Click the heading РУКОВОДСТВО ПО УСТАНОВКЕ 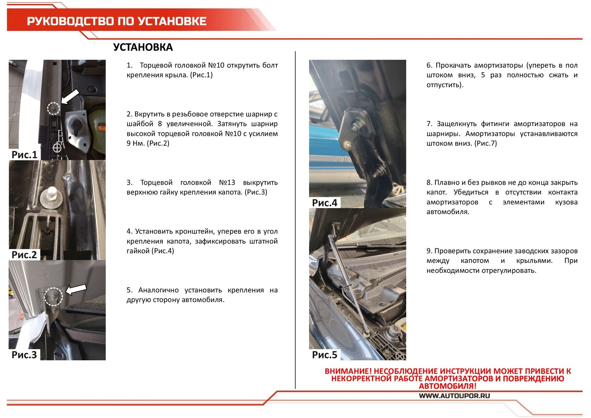(x=117, y=21)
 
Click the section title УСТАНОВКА (x=143, y=47)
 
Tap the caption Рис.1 (x=25, y=155)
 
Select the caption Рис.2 (x=24, y=255)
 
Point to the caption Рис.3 (x=24, y=355)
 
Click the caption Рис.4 (x=325, y=203)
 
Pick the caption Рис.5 (x=325, y=355)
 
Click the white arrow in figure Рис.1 (x=70, y=97)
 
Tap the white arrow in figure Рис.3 (x=76, y=290)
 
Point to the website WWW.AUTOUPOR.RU (x=454, y=396)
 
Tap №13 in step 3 (x=227, y=182)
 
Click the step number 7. (x=429, y=124)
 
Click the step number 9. (x=429, y=251)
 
